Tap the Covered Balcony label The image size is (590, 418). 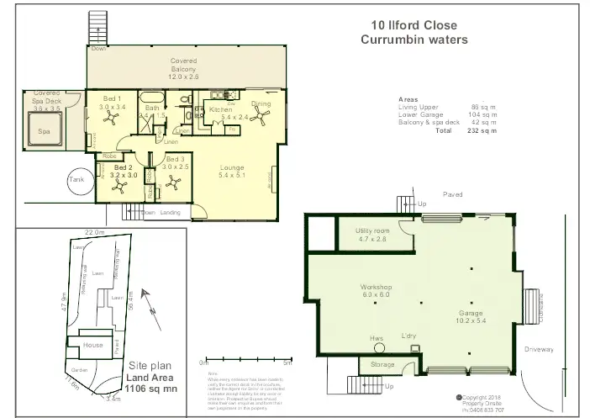[x=183, y=69]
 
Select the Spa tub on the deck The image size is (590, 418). [x=45, y=131]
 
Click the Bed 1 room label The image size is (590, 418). [x=111, y=103]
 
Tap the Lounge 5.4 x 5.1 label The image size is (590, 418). [x=231, y=172]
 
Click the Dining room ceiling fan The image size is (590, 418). [x=263, y=121]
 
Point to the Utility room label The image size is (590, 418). [x=372, y=235]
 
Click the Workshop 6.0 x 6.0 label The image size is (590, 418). [x=376, y=291]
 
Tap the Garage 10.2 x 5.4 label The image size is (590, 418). [x=471, y=315]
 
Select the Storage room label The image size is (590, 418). [x=382, y=365]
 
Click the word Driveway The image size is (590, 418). [x=540, y=348]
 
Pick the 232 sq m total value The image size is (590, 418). [x=482, y=130]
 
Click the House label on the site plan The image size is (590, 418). [x=92, y=345]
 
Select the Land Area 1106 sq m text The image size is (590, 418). [x=150, y=384]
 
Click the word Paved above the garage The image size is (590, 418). [x=453, y=194]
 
